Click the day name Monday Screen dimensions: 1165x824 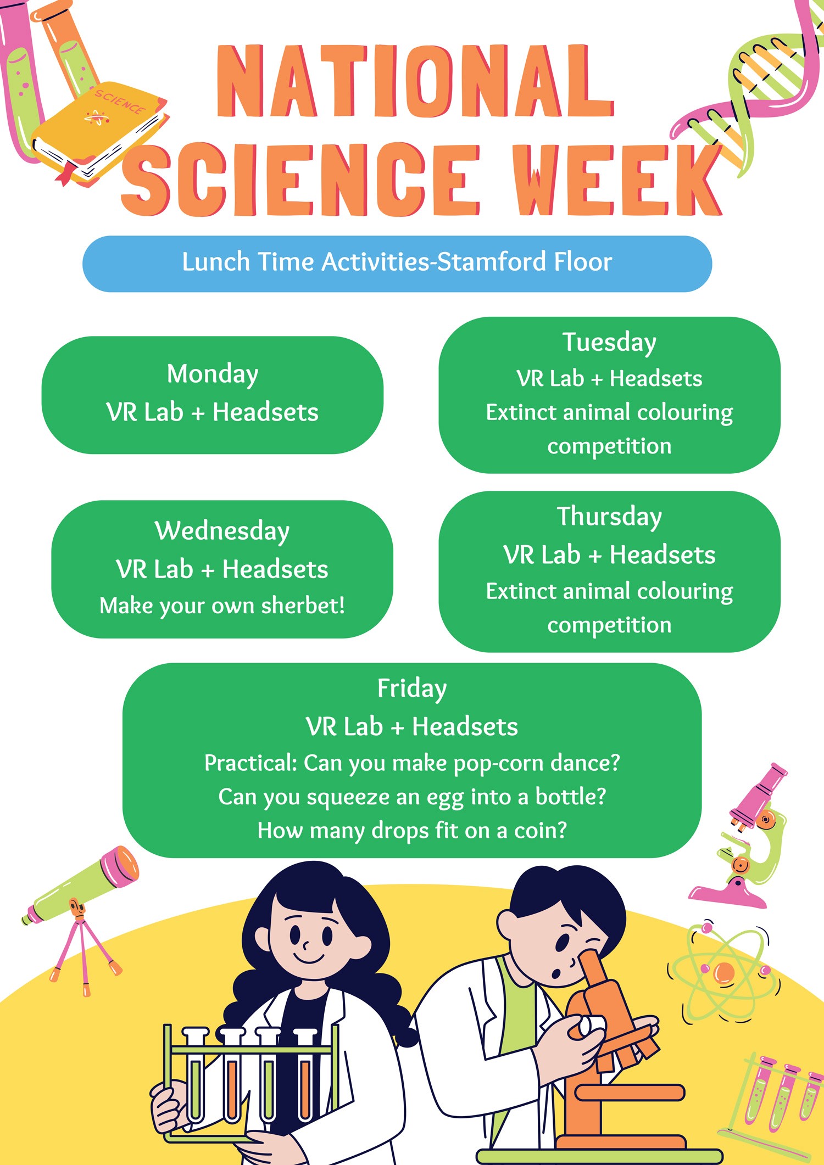[213, 374]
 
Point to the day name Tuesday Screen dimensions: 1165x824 [609, 343]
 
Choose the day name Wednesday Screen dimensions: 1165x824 [222, 531]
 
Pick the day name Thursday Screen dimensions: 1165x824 [609, 517]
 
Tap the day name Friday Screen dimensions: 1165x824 [412, 688]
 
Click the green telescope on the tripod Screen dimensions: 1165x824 [82, 884]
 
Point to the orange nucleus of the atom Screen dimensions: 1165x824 [723, 973]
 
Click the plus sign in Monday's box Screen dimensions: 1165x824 [198, 413]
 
